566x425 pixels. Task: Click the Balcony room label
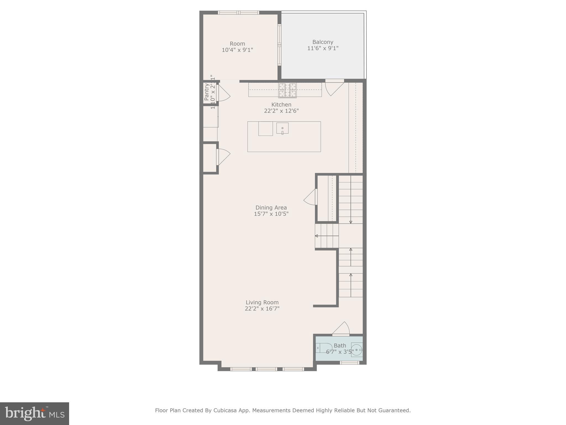coord(323,42)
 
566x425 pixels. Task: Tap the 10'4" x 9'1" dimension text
coord(237,50)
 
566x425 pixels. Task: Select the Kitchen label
coord(281,105)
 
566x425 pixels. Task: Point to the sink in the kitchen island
coord(282,128)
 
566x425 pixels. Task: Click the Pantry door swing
coord(223,93)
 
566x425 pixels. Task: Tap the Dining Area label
coord(271,208)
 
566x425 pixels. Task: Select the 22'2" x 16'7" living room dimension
coord(262,309)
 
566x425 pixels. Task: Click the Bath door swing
coord(342,329)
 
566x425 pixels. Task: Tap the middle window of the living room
coord(266,369)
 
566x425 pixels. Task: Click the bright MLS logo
coord(35,413)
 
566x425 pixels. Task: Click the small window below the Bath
coord(349,363)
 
